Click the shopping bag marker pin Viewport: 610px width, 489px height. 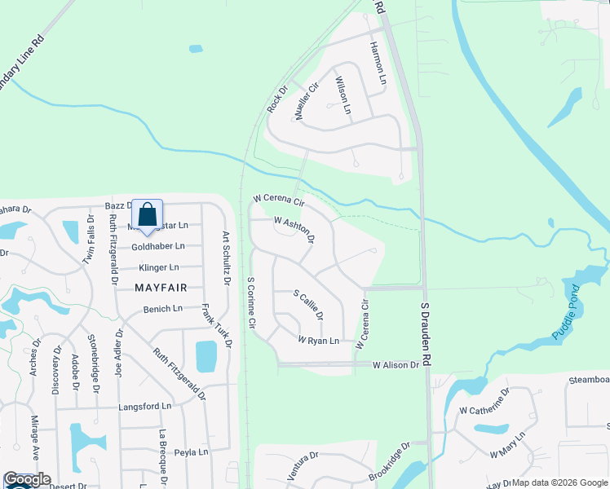click(x=147, y=216)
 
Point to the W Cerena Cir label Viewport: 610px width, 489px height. click(x=278, y=200)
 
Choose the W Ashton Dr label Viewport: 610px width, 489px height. click(x=294, y=229)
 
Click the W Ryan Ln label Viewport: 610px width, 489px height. click(x=318, y=341)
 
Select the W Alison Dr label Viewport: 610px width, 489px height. click(x=396, y=366)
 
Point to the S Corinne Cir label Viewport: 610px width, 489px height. click(x=252, y=304)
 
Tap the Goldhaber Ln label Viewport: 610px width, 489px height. click(x=158, y=246)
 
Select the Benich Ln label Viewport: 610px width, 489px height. click(x=163, y=309)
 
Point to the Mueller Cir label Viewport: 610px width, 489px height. click(x=306, y=103)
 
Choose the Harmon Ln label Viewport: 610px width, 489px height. click(x=377, y=64)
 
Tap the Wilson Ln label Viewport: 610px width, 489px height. click(x=343, y=95)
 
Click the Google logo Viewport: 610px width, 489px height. click(x=28, y=480)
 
